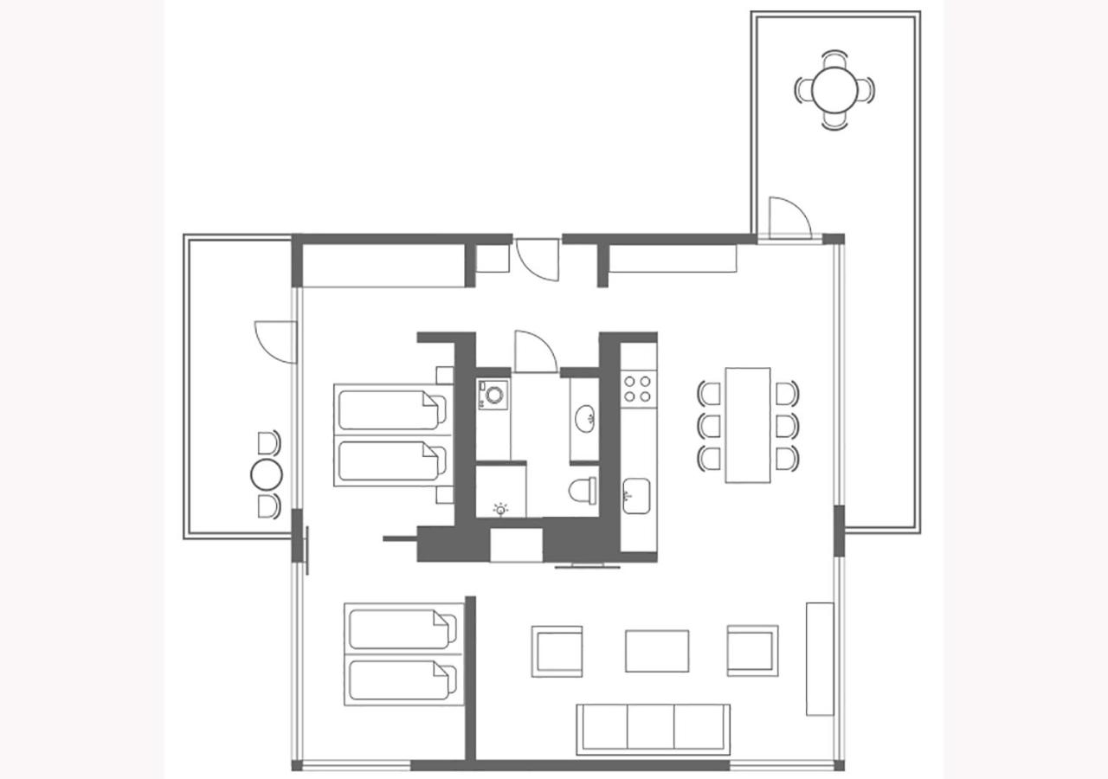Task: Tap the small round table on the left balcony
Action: (267, 474)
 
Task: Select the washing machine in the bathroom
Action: (493, 395)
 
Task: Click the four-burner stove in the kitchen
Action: (638, 388)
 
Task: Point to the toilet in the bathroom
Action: (583, 491)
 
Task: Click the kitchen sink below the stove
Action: (635, 496)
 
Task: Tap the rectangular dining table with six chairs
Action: (748, 425)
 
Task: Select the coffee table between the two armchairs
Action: (657, 651)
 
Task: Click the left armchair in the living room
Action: (557, 651)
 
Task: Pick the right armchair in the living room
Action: (752, 651)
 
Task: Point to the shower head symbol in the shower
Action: (500, 509)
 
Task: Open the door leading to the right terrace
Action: (788, 218)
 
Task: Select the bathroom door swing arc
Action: (534, 351)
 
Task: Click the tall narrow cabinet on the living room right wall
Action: (819, 659)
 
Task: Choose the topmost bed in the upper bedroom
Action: (391, 410)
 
